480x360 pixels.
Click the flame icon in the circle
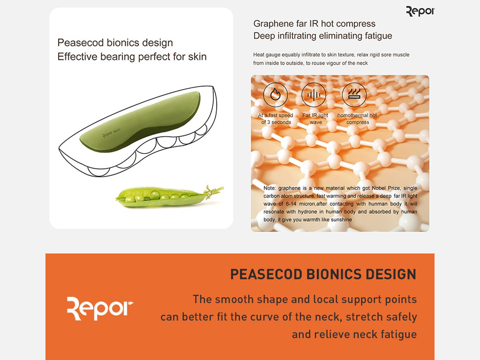pyautogui.click(x=275, y=95)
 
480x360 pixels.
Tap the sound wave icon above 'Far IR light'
pyautogui.click(x=314, y=95)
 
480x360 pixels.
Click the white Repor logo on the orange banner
pyautogui.click(x=100, y=308)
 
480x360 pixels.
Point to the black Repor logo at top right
pyautogui.click(x=420, y=12)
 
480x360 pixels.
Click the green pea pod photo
pyautogui.click(x=170, y=196)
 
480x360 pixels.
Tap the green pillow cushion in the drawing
pyautogui.click(x=140, y=122)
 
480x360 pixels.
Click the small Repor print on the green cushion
pyautogui.click(x=111, y=133)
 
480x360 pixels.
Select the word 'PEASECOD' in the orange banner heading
pyautogui.click(x=266, y=274)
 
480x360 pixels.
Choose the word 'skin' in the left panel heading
pyautogui.click(x=197, y=56)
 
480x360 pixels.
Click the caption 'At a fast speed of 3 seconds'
pyautogui.click(x=276, y=119)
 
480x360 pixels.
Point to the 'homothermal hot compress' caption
pyautogui.click(x=357, y=119)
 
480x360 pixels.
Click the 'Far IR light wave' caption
pyautogui.click(x=315, y=119)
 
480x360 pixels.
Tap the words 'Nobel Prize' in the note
pyautogui.click(x=386, y=188)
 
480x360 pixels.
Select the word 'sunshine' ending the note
pyautogui.click(x=341, y=219)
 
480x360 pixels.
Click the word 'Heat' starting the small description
pyautogui.click(x=258, y=55)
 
